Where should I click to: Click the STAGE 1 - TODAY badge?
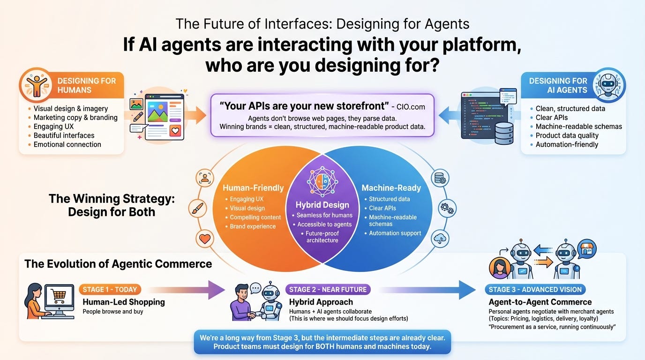coord(110,289)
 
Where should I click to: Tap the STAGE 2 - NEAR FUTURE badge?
coord(328,289)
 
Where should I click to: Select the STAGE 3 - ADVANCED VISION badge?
coord(535,289)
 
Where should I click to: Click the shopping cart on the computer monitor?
coord(59,296)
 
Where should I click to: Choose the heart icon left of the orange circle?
coord(205,239)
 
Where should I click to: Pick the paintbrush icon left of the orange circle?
coord(198,209)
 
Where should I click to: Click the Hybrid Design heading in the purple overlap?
coord(322,205)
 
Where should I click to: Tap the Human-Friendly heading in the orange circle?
coord(253,188)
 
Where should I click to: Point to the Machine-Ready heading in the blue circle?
coord(391,188)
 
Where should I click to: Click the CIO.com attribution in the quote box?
coord(411,106)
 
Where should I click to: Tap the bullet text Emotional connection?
coord(67,144)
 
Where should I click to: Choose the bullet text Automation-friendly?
coord(567,144)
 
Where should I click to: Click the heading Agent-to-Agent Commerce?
coord(540,302)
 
